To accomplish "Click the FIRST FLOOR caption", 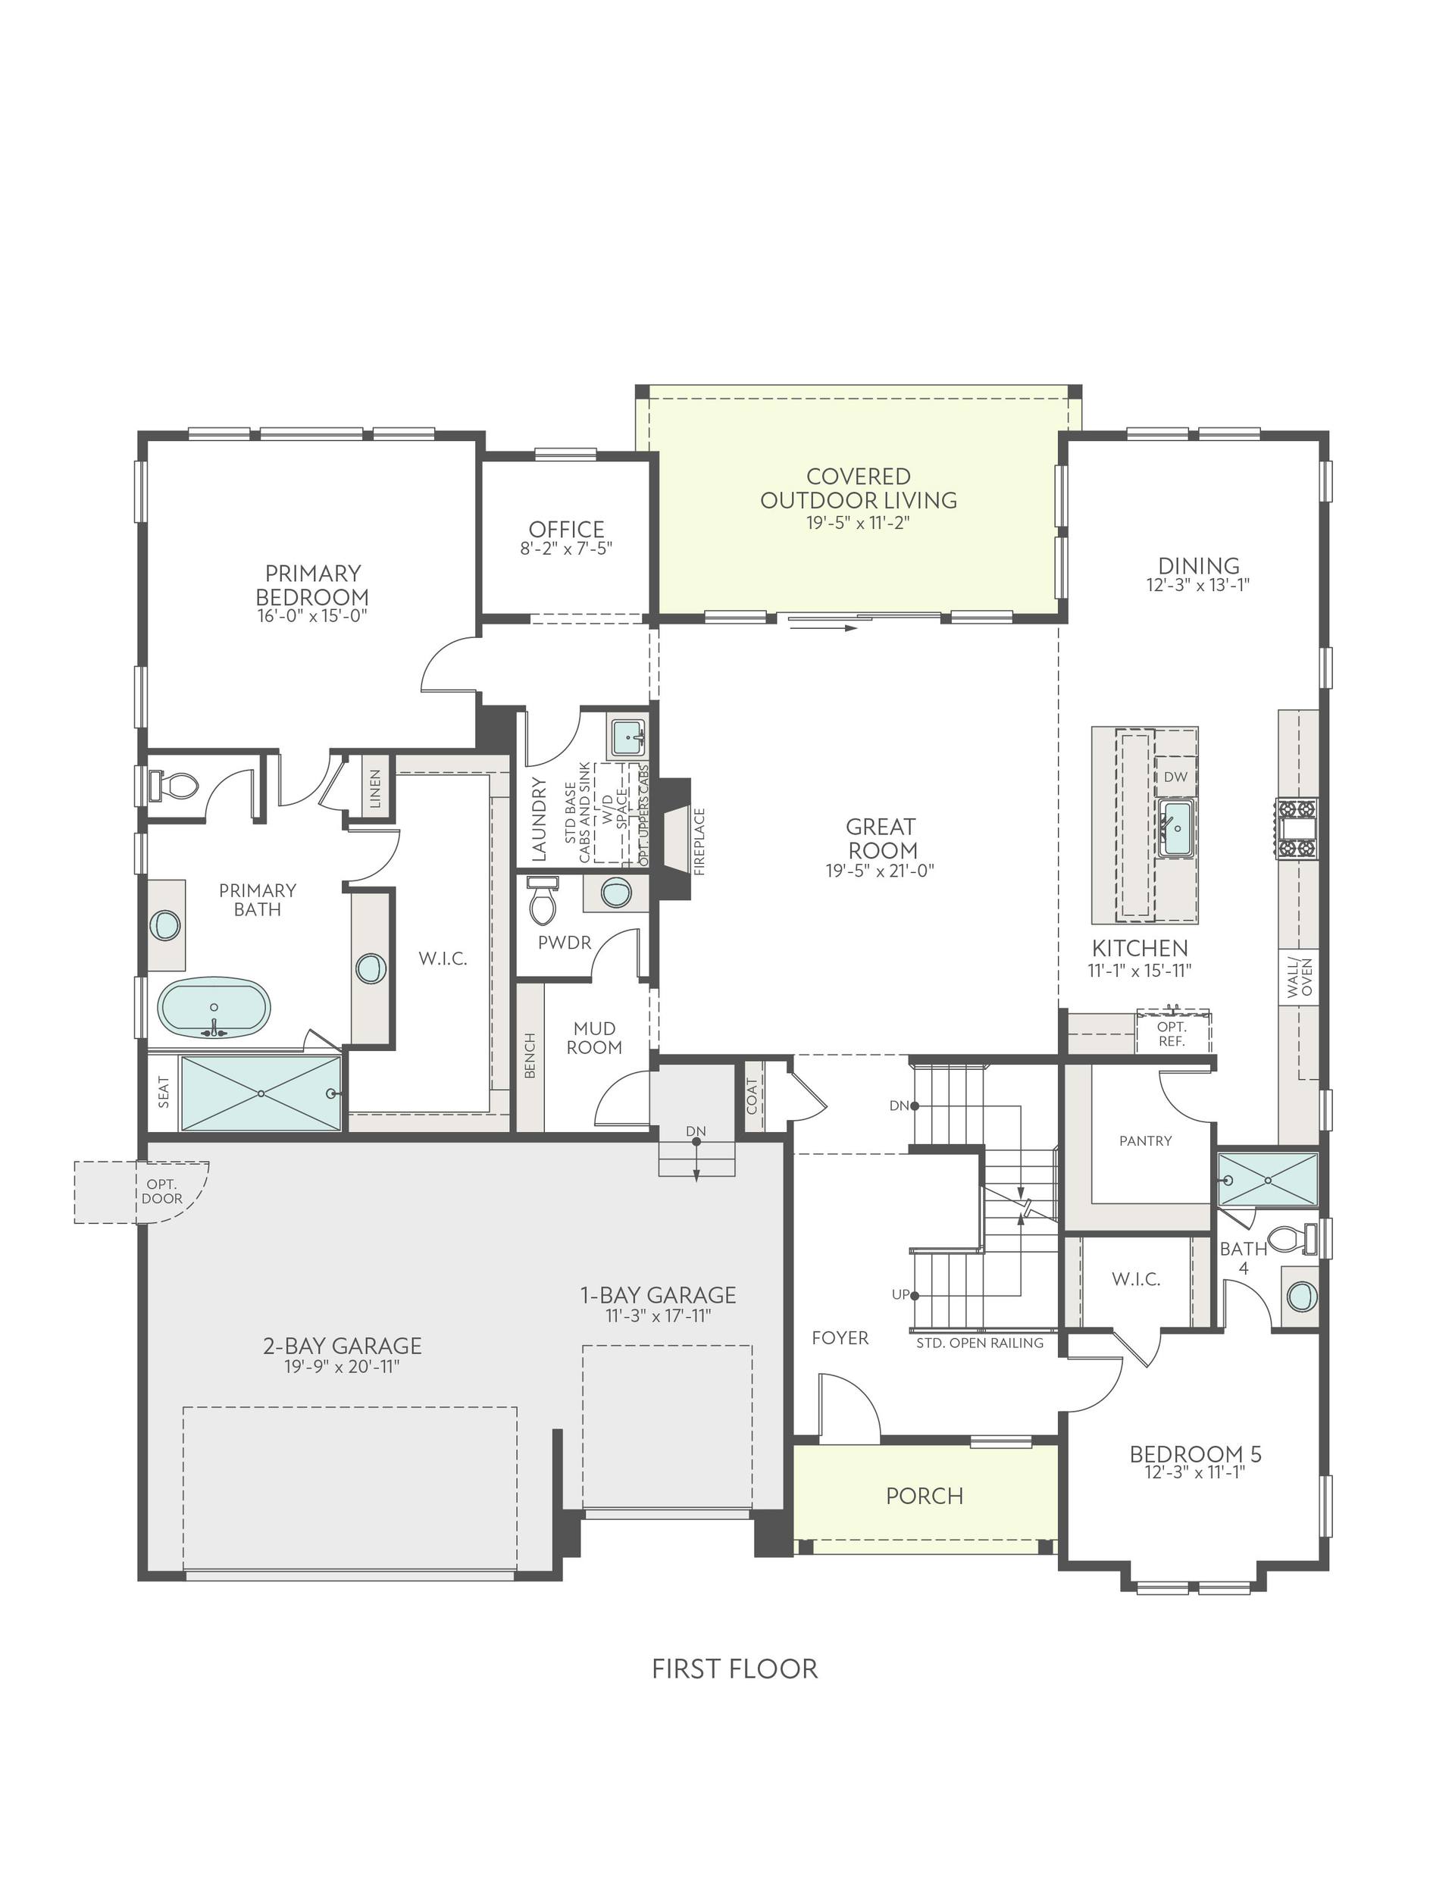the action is click(734, 1669).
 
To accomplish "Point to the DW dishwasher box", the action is click(1175, 777).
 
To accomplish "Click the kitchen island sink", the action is click(1176, 827).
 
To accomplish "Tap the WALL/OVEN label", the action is click(1300, 977).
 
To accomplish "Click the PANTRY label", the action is click(1145, 1140).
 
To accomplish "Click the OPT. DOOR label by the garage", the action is click(162, 1191).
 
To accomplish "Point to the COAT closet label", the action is click(752, 1096).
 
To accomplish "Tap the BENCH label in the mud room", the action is click(530, 1056).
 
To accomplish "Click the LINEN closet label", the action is click(376, 788).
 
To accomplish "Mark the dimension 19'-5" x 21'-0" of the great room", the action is click(880, 871).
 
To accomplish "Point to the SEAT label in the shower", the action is click(164, 1093).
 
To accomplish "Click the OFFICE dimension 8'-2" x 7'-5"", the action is click(566, 549).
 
